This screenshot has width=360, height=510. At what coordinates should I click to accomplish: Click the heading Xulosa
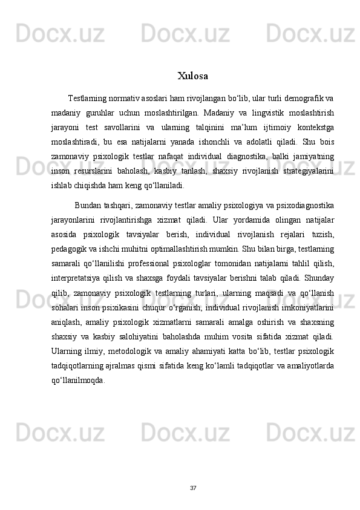click(193, 76)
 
